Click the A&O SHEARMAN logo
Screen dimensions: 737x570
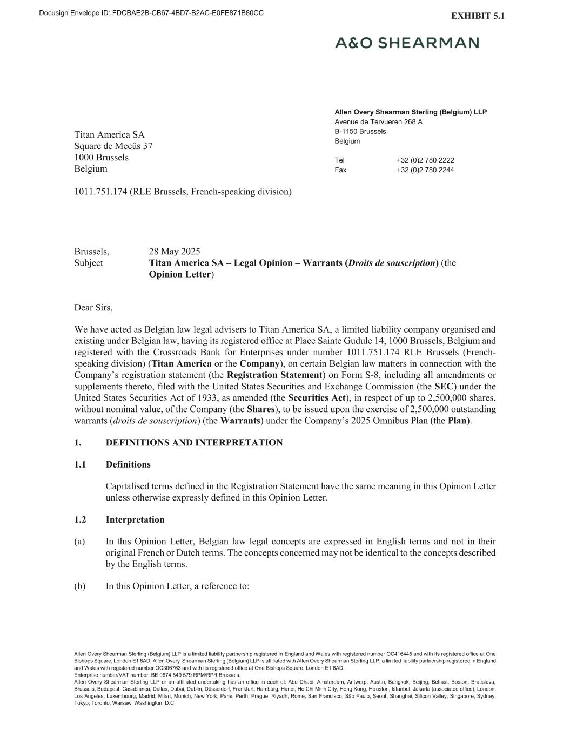(x=406, y=43)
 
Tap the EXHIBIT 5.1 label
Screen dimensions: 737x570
(x=478, y=16)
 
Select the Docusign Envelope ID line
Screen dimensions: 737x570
(x=151, y=13)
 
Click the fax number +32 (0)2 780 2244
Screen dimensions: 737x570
(x=425, y=170)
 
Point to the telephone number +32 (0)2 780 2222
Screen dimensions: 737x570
(x=425, y=160)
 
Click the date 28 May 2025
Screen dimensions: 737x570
(x=175, y=252)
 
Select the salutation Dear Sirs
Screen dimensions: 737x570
(x=93, y=308)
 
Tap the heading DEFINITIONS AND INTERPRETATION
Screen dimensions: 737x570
(x=194, y=443)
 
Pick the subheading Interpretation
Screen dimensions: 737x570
(x=135, y=520)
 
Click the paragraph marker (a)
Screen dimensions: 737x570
(x=80, y=542)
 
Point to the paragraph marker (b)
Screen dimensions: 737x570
(x=80, y=586)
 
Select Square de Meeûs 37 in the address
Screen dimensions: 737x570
(x=113, y=146)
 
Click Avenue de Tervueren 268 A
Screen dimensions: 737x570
(x=378, y=122)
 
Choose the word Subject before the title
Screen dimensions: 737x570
(x=89, y=263)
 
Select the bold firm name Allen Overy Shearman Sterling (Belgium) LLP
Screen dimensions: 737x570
(x=410, y=112)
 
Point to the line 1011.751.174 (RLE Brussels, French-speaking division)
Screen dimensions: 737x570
(x=183, y=192)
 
